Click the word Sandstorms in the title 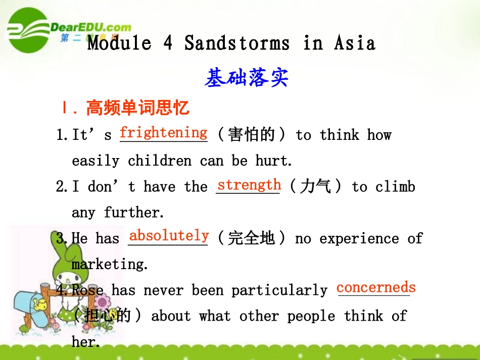[237, 43]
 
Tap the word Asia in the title [355, 43]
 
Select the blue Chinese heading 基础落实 [247, 78]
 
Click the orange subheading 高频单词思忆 [138, 108]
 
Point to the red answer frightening [163, 133]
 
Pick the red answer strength [249, 185]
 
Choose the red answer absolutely [169, 236]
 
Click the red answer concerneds [376, 288]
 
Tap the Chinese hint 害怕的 [251, 135]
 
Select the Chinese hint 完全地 [251, 238]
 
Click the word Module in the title [119, 43]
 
